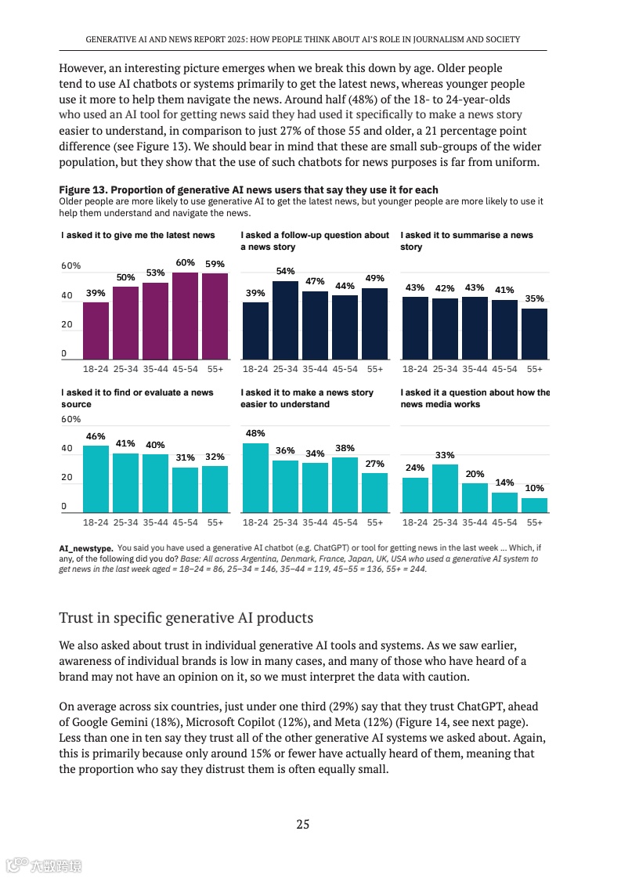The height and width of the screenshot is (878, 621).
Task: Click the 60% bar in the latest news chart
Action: (186, 315)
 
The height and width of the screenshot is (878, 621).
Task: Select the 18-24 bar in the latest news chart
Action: (96, 330)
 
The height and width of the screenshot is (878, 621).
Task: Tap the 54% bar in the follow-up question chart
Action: (285, 319)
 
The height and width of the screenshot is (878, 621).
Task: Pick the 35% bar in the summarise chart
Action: (534, 333)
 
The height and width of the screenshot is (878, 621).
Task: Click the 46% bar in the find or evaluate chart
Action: (96, 478)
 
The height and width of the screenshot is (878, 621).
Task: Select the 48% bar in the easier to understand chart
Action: (255, 477)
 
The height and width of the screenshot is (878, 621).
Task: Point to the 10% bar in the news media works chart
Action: (534, 504)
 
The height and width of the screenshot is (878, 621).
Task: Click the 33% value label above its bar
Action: (445, 455)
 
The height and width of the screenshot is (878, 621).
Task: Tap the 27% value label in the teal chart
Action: (375, 464)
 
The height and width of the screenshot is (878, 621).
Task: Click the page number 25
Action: (303, 823)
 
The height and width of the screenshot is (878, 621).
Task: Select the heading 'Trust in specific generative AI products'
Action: (186, 618)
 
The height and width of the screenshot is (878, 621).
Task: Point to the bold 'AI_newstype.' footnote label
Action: (86, 547)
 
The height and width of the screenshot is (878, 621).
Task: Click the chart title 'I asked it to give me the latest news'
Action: (138, 235)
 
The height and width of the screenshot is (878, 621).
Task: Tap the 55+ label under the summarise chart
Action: (534, 368)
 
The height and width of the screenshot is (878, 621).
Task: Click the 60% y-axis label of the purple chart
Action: (71, 266)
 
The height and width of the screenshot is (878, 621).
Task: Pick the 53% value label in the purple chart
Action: (155, 273)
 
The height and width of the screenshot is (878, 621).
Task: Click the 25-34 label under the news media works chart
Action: (445, 522)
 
